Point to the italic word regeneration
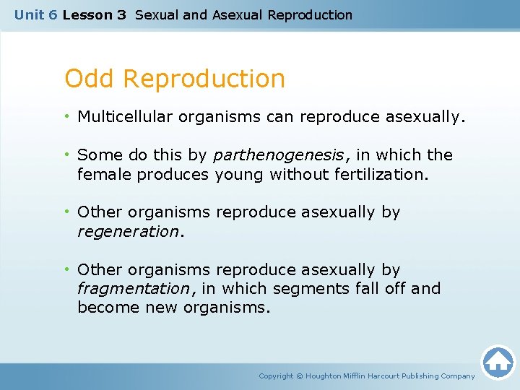tap(128, 231)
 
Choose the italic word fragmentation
tap(133, 289)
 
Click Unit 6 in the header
tap(35, 15)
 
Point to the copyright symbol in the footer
tap(300, 376)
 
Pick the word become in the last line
tap(104, 308)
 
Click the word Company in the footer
tap(460, 376)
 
